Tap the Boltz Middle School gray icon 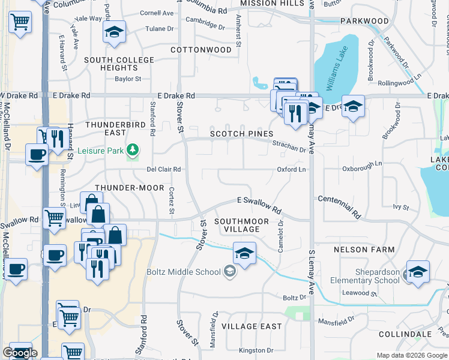pyautogui.click(x=229, y=272)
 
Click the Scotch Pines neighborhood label pyautogui.click(x=242, y=133)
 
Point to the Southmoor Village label pyautogui.click(x=241, y=225)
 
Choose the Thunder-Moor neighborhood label pyautogui.click(x=133, y=188)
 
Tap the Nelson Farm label pyautogui.click(x=365, y=249)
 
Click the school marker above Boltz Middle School pyautogui.click(x=244, y=254)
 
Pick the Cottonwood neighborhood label pyautogui.click(x=200, y=49)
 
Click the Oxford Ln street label pyautogui.click(x=291, y=170)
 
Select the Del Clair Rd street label pyautogui.click(x=164, y=170)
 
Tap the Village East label pyautogui.click(x=252, y=326)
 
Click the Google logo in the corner pyautogui.click(x=19, y=353)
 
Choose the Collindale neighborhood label pyautogui.click(x=406, y=334)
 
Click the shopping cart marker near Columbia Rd pyautogui.click(x=20, y=23)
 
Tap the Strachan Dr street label pyautogui.click(x=289, y=146)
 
